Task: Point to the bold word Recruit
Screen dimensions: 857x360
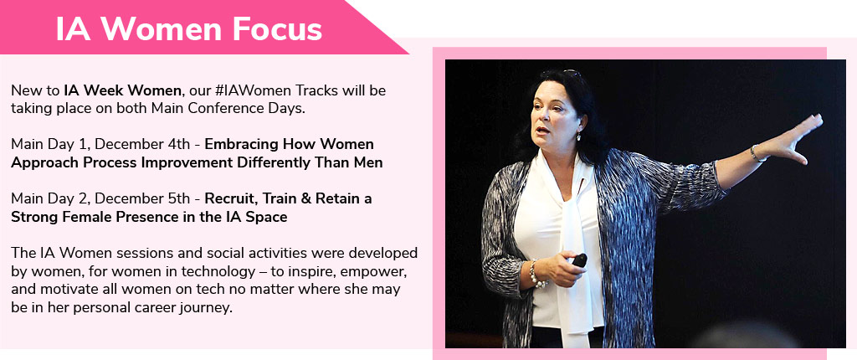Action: pyautogui.click(x=230, y=198)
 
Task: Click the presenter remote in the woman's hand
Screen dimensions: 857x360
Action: pyautogui.click(x=579, y=260)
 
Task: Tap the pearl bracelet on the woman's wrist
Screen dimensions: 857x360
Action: pyautogui.click(x=536, y=274)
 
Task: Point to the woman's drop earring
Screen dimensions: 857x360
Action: pyautogui.click(x=579, y=136)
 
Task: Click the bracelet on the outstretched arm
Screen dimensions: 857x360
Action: pyautogui.click(x=757, y=154)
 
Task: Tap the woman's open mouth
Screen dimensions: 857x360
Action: pyautogui.click(x=541, y=130)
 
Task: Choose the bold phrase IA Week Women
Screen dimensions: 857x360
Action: pyautogui.click(x=122, y=90)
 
